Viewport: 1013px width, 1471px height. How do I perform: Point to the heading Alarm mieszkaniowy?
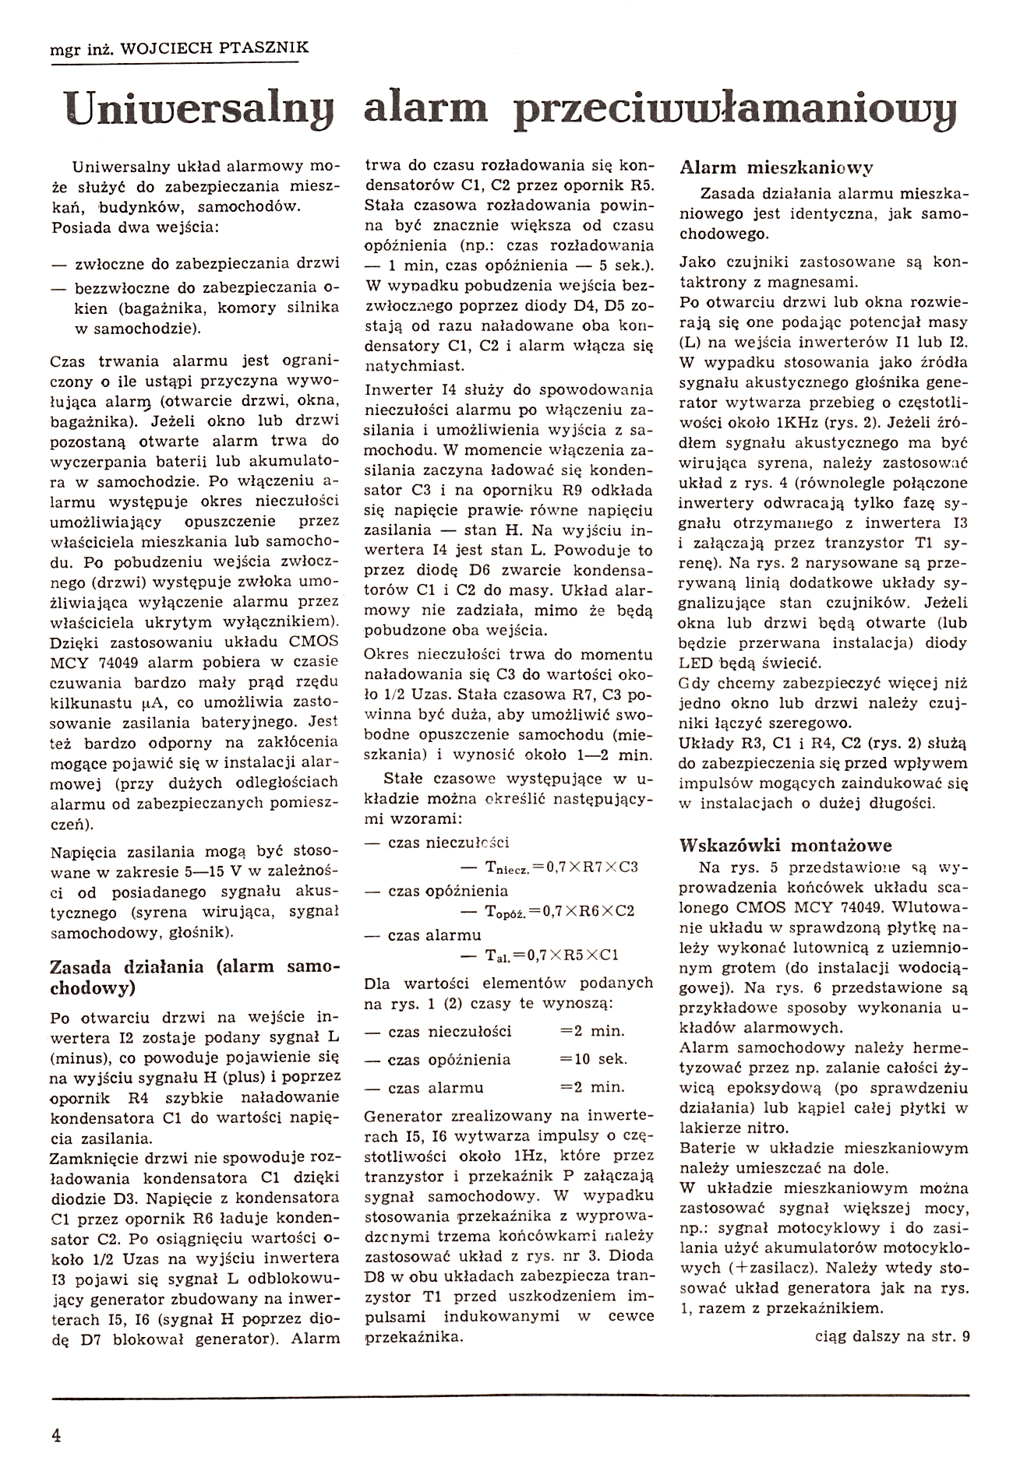(x=777, y=167)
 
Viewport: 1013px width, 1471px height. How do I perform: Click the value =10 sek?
(x=594, y=1059)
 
